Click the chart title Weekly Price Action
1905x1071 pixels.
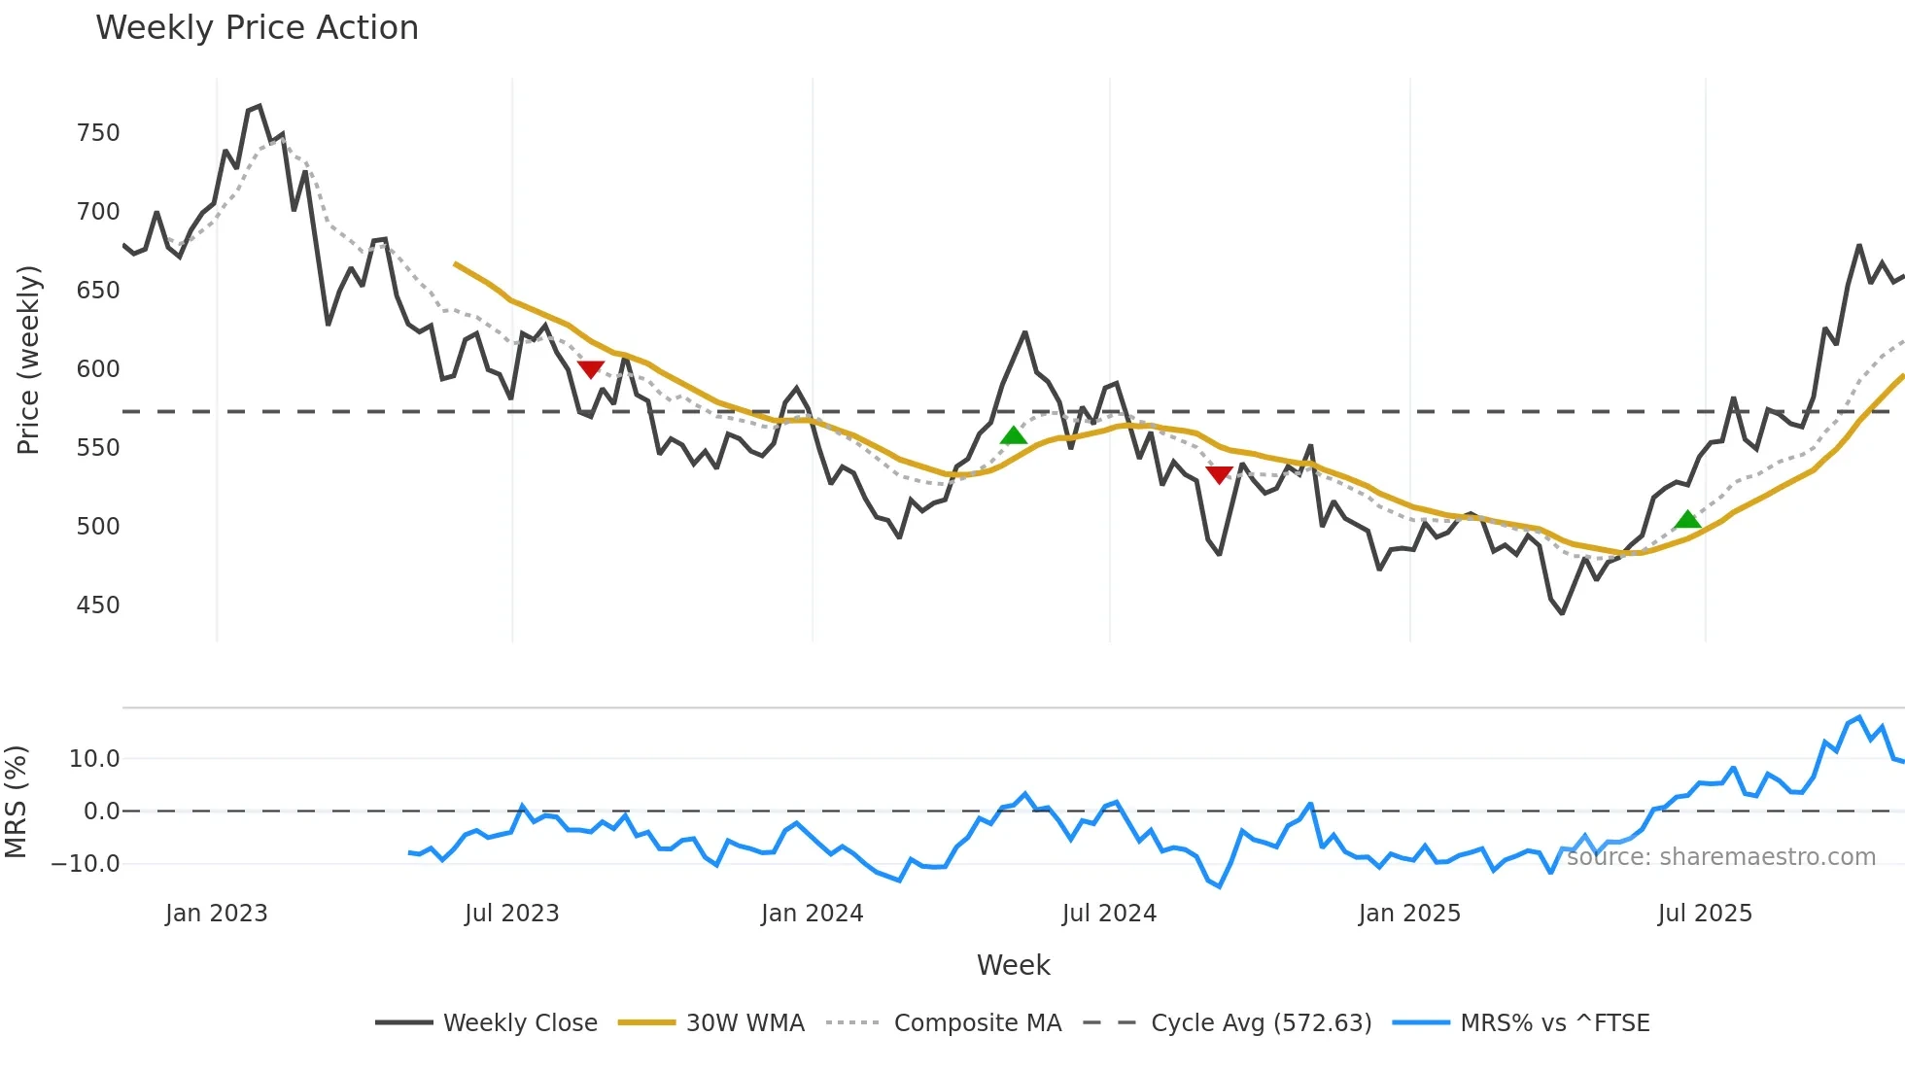click(257, 28)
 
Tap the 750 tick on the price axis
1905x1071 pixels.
click(98, 133)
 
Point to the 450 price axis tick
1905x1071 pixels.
click(98, 605)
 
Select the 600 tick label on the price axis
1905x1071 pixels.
click(98, 369)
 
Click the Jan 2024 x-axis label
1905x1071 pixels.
click(812, 914)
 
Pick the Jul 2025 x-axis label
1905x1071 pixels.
click(1705, 914)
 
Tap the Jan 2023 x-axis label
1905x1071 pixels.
click(216, 914)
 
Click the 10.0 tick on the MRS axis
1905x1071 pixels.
click(94, 759)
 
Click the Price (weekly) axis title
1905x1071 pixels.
click(29, 360)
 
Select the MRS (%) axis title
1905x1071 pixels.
click(17, 802)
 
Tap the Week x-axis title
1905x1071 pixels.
click(1013, 965)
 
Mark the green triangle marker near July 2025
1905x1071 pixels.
click(1687, 520)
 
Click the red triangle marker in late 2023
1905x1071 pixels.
click(591, 369)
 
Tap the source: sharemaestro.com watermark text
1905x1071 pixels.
click(1720, 857)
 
